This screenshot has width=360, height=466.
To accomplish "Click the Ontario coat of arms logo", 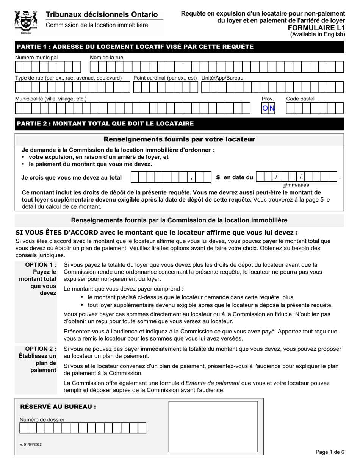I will click(x=26, y=22).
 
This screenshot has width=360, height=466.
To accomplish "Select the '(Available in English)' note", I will click(x=318, y=34).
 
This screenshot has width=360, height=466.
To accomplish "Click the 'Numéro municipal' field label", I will click(x=36, y=57).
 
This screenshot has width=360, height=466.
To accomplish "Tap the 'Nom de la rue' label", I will click(x=106, y=57).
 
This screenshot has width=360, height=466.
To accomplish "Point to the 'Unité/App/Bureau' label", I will click(x=222, y=78).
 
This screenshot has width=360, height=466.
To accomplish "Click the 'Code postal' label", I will click(x=300, y=99).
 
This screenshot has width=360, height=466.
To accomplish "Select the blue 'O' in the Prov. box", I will click(x=265, y=109).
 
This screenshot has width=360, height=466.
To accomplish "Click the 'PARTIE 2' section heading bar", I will click(x=179, y=124).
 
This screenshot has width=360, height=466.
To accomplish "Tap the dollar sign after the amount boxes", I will click(x=218, y=177).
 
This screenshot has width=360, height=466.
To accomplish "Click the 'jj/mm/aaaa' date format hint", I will click(x=296, y=185).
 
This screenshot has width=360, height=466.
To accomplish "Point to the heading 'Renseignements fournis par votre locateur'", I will click(x=179, y=139).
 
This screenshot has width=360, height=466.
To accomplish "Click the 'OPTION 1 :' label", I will click(x=41, y=264).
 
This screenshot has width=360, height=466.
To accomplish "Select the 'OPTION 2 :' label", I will click(x=41, y=349).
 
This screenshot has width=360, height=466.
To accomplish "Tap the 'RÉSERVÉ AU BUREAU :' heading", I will click(x=58, y=407).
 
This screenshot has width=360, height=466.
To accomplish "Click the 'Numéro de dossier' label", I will click(x=42, y=419).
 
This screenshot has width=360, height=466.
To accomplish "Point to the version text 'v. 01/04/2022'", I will click(x=31, y=444).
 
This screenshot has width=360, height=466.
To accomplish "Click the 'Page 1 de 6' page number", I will click(x=330, y=452).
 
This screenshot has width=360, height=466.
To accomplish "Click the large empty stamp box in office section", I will click(x=213, y=426).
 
